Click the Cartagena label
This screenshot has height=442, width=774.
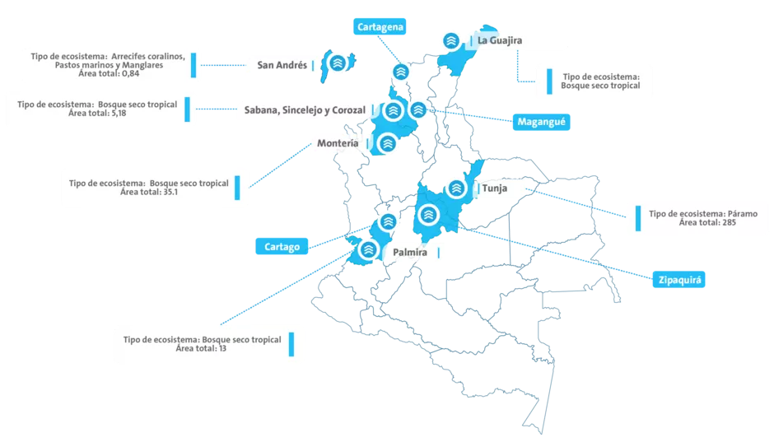point(381,27)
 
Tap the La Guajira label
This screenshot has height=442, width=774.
point(500,40)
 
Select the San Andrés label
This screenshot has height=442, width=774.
point(282,65)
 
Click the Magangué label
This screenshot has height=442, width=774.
point(543,122)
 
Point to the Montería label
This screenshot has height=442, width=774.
point(338,144)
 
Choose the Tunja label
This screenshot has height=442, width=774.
point(494,188)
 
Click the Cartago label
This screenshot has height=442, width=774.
point(282,245)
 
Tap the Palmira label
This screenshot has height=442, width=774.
point(410,252)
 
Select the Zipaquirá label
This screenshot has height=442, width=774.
point(678,280)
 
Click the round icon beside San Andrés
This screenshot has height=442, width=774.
point(336,63)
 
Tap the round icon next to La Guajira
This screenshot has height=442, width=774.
point(450,40)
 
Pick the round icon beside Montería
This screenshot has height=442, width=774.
point(387,143)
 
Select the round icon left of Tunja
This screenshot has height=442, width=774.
point(457,188)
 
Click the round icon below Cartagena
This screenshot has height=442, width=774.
point(401,72)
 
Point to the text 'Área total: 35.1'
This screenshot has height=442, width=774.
point(149,192)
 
